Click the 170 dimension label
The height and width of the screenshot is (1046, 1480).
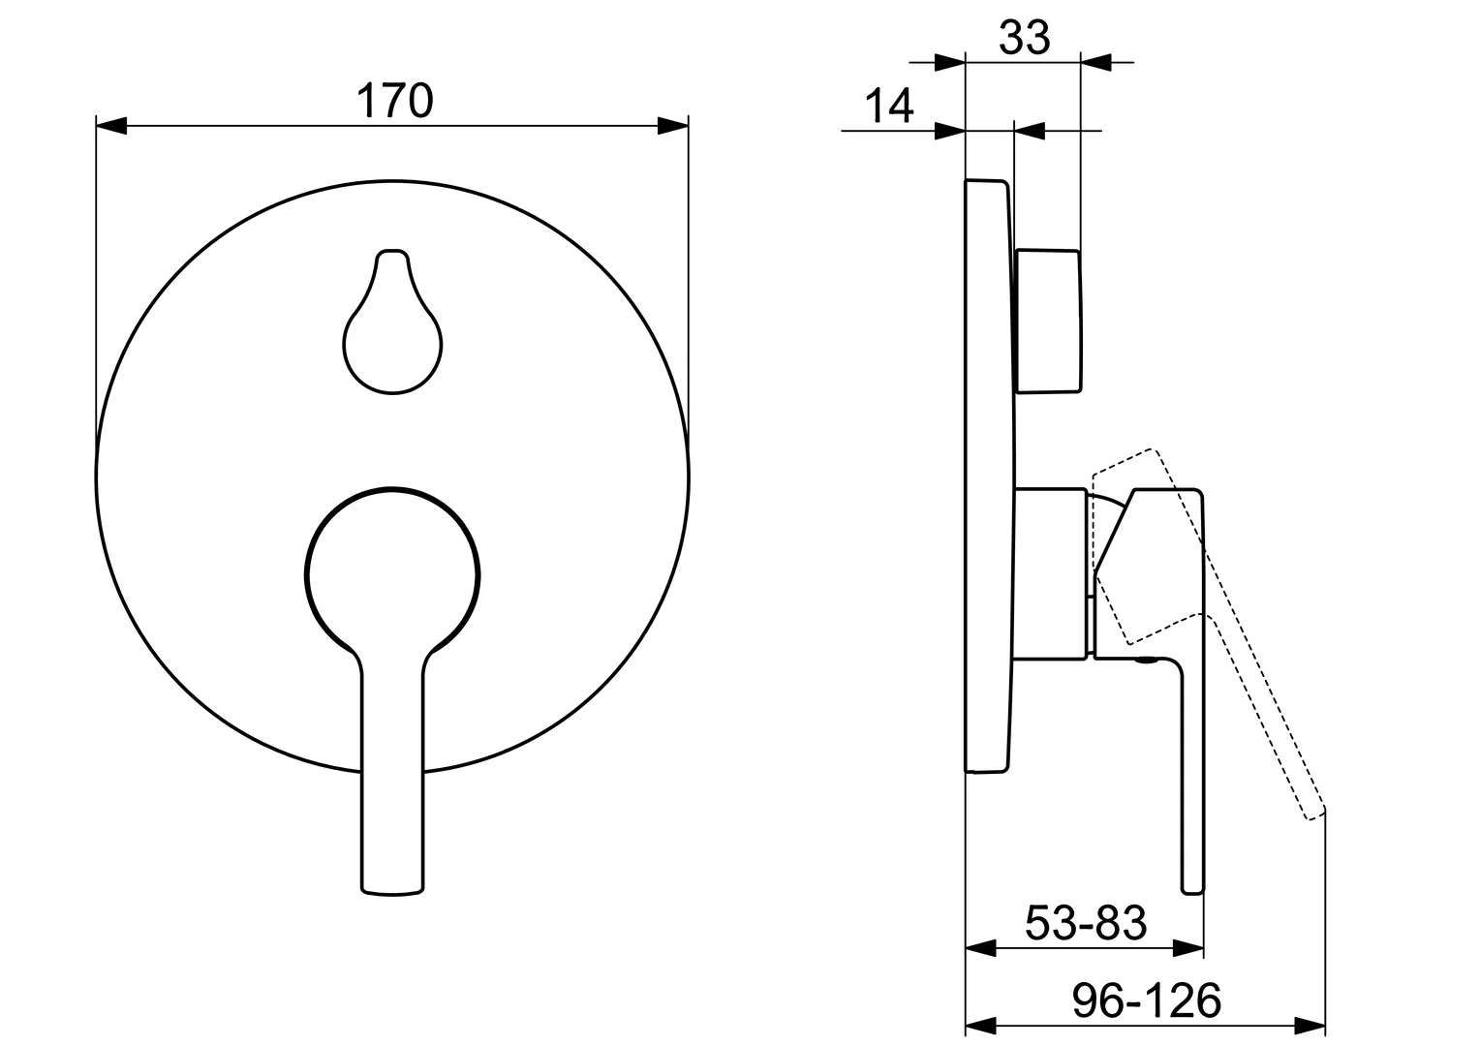click(x=394, y=101)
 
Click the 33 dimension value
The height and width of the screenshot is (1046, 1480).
click(x=1024, y=38)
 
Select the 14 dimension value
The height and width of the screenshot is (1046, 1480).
click(x=888, y=106)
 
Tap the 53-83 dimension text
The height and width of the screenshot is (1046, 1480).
click(x=1086, y=923)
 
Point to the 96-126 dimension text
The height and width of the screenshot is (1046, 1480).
click(x=1147, y=1001)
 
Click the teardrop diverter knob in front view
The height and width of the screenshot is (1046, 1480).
click(x=392, y=322)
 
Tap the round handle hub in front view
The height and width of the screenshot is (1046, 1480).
click(x=392, y=575)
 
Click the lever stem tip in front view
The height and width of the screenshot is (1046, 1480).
click(x=392, y=893)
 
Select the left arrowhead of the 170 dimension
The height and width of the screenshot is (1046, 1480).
click(x=111, y=126)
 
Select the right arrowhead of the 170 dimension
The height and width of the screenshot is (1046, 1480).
click(x=672, y=126)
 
